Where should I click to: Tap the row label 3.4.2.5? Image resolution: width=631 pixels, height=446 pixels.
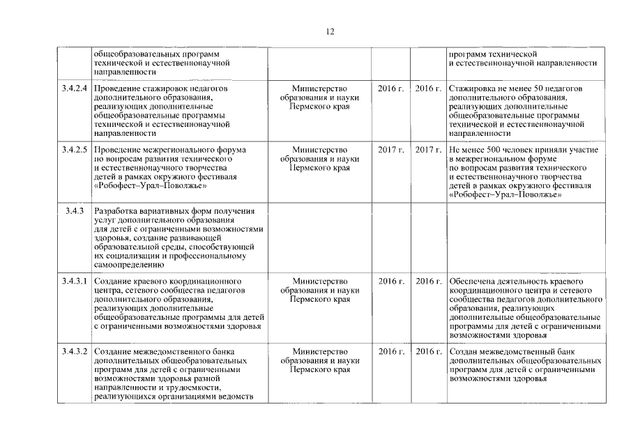point(74,150)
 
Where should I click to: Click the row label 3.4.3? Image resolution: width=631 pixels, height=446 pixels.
point(74,211)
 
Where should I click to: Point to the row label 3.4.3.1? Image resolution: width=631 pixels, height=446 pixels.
point(74,282)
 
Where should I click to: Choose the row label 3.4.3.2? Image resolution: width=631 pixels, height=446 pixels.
point(74,351)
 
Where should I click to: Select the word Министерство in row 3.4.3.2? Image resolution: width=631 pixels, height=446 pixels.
point(319,351)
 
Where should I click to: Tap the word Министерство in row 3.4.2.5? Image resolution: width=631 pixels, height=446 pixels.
point(319,150)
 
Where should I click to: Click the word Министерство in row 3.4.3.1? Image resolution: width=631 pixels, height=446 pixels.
point(319,282)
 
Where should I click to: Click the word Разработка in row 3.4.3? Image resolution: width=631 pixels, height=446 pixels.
point(116,211)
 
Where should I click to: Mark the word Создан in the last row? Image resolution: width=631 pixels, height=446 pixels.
point(465,351)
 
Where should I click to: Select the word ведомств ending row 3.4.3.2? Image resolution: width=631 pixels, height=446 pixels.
point(233,397)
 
